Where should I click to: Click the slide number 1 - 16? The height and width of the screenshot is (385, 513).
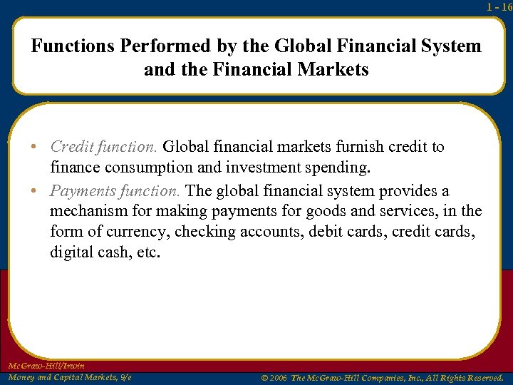point(499,7)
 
